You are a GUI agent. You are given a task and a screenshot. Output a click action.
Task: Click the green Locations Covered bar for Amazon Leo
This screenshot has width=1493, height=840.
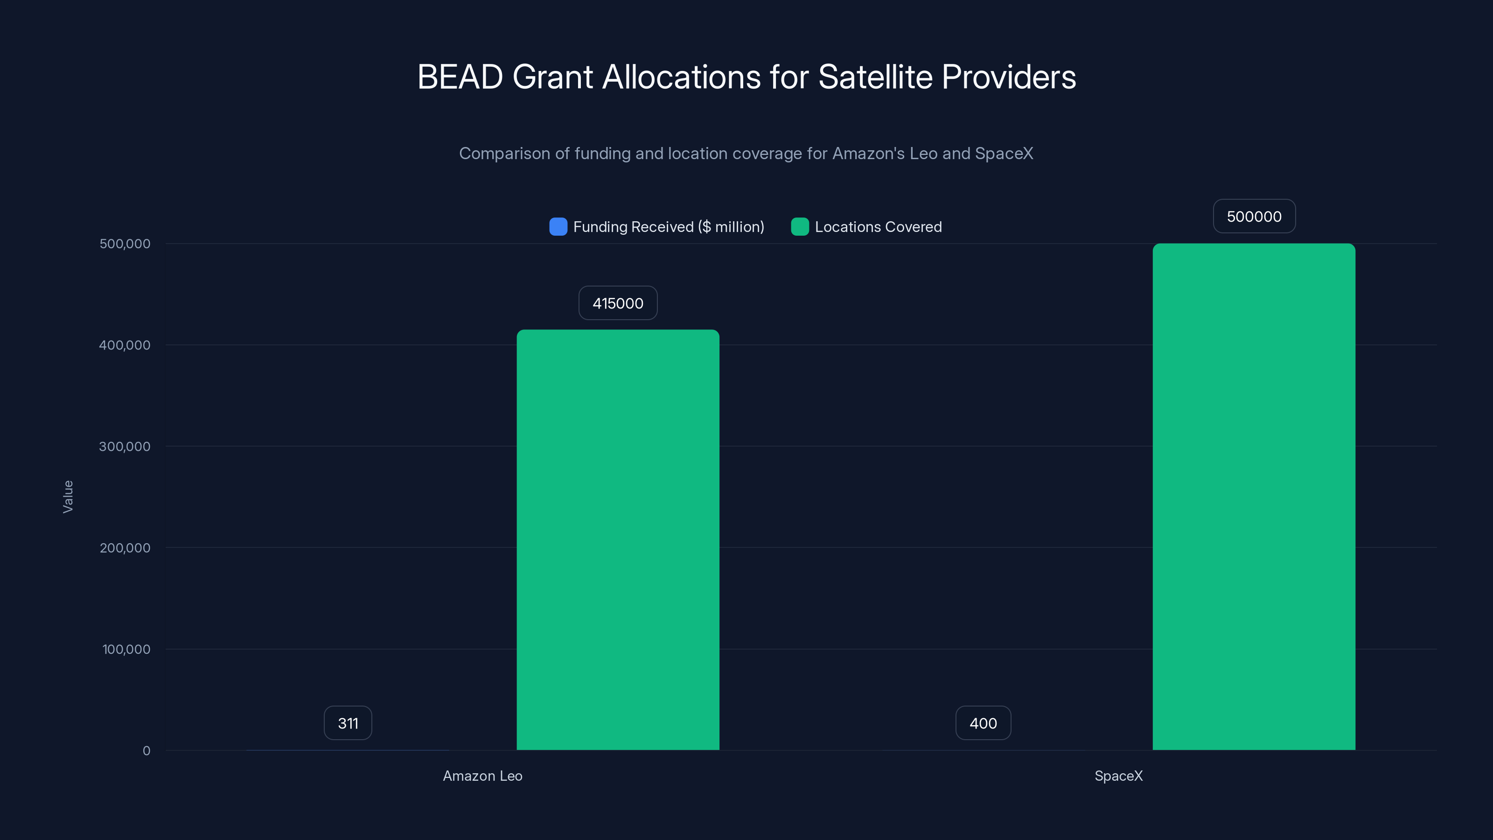click(x=618, y=539)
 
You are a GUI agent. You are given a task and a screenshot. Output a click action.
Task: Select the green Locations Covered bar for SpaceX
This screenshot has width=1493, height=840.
click(x=1254, y=496)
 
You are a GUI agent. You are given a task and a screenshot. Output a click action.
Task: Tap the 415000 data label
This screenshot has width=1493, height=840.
click(x=618, y=303)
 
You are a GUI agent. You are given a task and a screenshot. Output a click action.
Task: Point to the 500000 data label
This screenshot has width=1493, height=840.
click(x=1254, y=216)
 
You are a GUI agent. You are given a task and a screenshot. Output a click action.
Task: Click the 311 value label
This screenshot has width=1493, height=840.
click(x=348, y=723)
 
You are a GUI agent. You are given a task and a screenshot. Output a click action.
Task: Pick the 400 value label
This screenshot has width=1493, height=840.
click(x=983, y=723)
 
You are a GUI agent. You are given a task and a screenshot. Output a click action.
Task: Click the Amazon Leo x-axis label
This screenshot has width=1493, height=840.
click(x=482, y=776)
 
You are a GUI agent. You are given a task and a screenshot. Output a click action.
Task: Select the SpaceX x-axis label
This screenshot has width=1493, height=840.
click(x=1118, y=776)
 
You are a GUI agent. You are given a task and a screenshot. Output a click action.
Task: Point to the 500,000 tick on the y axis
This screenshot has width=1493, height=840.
click(x=125, y=244)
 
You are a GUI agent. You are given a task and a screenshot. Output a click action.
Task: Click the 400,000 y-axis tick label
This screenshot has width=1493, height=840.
click(x=125, y=345)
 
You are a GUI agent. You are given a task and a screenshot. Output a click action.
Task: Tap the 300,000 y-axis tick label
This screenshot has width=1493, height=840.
click(x=125, y=447)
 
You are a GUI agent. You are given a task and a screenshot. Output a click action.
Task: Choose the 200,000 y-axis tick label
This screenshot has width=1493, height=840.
click(x=125, y=548)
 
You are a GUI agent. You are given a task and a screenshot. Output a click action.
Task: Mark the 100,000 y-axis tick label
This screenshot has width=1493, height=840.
click(x=126, y=649)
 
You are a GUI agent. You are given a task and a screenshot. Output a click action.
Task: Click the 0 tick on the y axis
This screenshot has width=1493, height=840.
click(x=146, y=751)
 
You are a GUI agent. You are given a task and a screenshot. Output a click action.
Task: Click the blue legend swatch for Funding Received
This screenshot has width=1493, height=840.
click(x=558, y=227)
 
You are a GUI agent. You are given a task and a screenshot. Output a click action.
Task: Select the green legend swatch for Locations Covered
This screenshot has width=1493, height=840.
click(x=799, y=227)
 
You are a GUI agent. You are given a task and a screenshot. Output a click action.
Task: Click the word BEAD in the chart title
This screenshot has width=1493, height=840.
click(x=460, y=77)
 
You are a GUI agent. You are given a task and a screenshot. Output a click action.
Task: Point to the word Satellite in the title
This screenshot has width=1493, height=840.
click(x=875, y=77)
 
